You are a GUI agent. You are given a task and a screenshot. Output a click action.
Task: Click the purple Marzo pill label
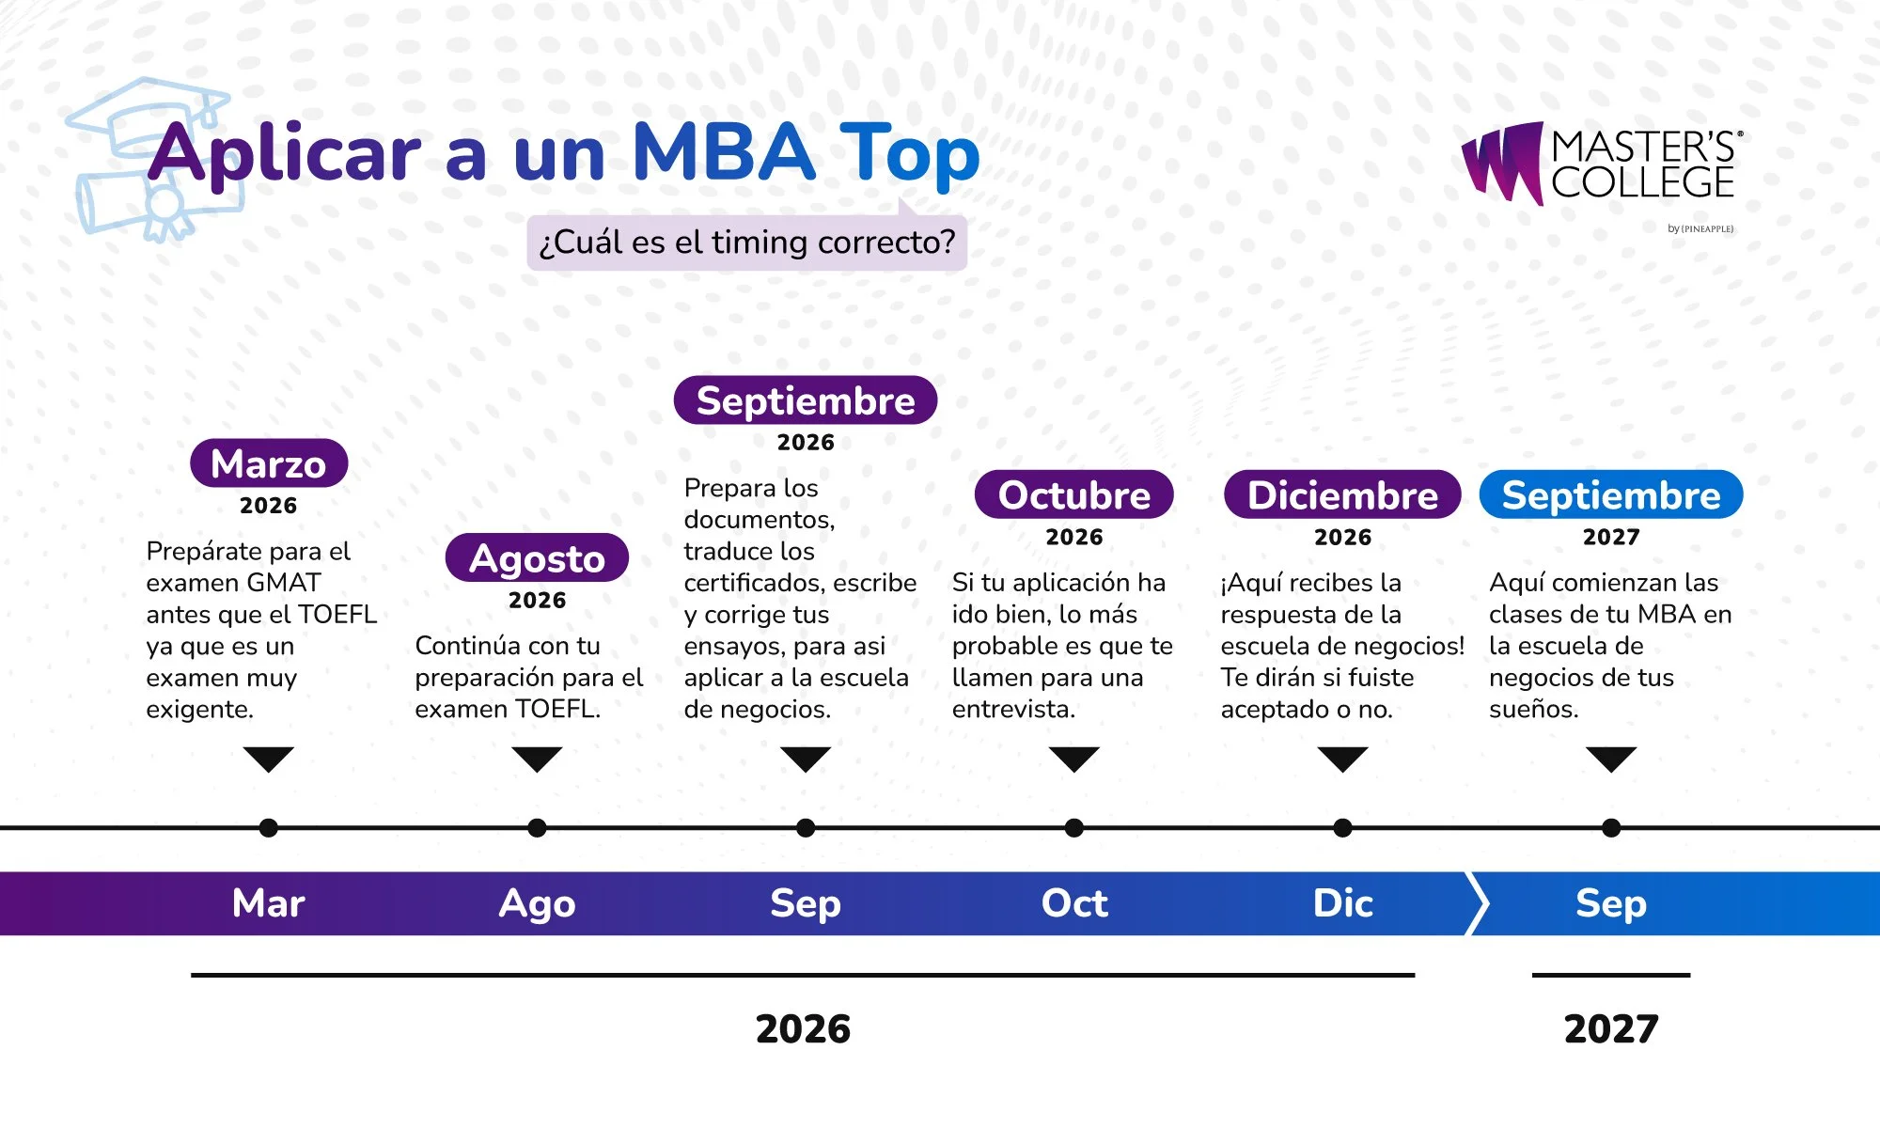click(x=269, y=463)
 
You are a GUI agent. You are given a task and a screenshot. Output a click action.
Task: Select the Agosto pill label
click(x=537, y=558)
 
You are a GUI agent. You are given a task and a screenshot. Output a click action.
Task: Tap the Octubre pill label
click(x=1074, y=494)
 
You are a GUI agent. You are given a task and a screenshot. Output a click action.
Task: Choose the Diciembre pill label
click(x=1342, y=494)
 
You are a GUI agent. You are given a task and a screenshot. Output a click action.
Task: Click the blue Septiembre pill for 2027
click(x=1611, y=494)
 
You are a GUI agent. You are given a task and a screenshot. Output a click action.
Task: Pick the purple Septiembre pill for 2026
click(x=806, y=400)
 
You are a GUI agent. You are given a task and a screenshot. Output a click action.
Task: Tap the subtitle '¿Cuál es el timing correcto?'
click(x=747, y=243)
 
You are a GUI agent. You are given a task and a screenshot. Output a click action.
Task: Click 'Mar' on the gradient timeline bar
click(x=269, y=903)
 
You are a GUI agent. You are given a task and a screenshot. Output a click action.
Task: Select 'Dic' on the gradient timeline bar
click(x=1343, y=903)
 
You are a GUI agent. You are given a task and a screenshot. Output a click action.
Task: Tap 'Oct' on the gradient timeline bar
click(x=1074, y=903)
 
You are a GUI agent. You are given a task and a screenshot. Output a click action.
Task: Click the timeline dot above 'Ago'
click(x=537, y=828)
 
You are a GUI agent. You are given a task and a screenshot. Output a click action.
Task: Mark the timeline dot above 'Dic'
click(x=1343, y=828)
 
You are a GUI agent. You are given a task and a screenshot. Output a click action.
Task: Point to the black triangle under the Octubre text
click(x=1074, y=759)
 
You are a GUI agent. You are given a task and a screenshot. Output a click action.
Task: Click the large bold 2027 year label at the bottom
click(x=1611, y=1029)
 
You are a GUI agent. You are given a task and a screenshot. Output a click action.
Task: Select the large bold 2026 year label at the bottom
click(x=804, y=1029)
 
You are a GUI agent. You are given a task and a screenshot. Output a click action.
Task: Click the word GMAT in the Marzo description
click(x=281, y=583)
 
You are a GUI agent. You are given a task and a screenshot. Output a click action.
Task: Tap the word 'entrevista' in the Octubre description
click(x=1010, y=710)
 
